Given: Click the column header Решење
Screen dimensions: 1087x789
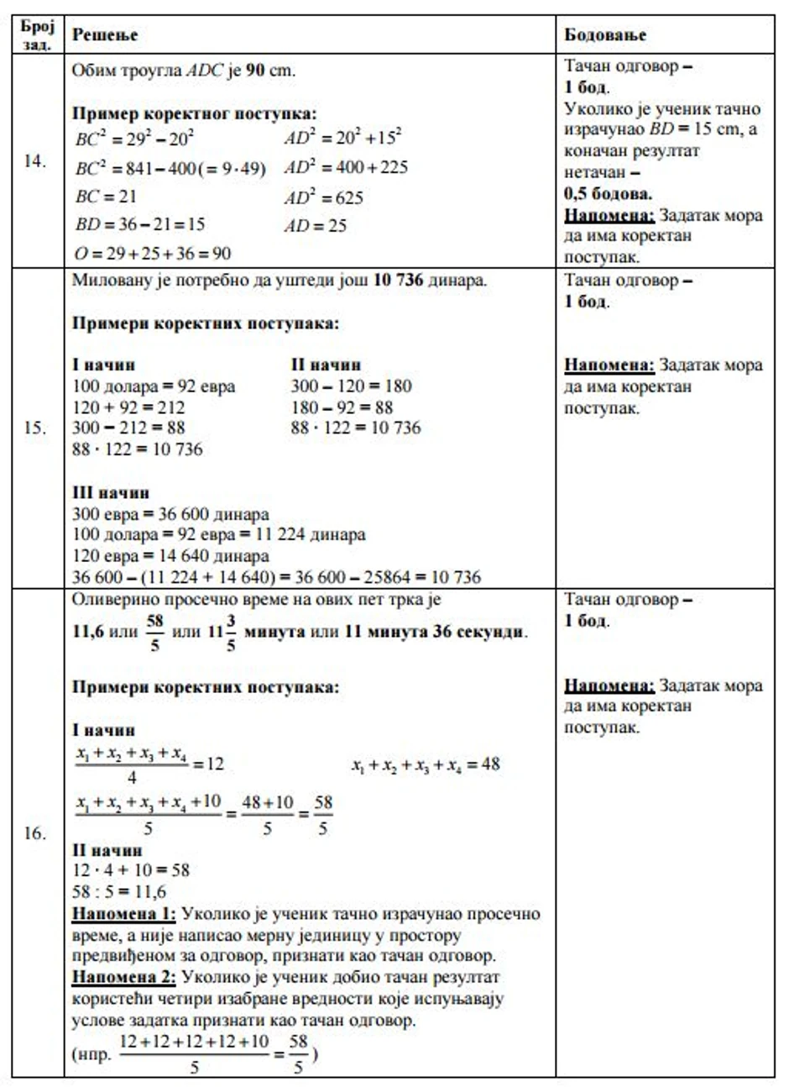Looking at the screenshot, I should (105, 34).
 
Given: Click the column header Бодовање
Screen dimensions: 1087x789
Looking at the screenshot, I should (605, 34).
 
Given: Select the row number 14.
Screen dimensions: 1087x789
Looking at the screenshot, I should (34, 162).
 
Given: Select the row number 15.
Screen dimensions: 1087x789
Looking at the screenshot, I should (34, 428).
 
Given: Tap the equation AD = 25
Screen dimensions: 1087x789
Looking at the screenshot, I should (315, 225).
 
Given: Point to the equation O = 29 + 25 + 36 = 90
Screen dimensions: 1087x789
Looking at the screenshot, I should (152, 253).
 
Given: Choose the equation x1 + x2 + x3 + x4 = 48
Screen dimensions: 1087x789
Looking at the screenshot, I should (426, 765).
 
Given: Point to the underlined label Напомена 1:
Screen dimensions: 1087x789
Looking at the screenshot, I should (124, 913).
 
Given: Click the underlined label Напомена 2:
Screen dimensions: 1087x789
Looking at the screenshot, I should (124, 977).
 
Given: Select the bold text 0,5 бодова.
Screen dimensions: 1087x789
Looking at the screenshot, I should (609, 194).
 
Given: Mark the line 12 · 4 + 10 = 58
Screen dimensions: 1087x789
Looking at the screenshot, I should (132, 870).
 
